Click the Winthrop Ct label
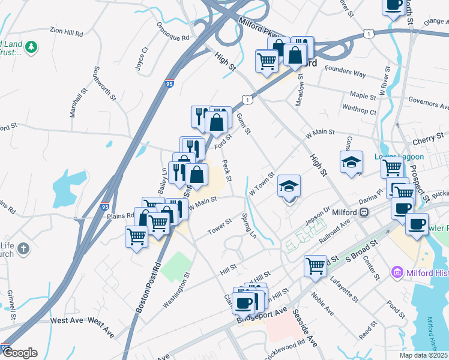pos(359,110)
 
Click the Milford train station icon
pos(364,212)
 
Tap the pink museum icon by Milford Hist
pos(396,273)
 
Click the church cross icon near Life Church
pos(23,249)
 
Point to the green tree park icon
pos(31,46)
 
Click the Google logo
pos(20,353)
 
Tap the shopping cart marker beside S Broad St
pos(315,266)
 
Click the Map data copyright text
pos(424,355)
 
